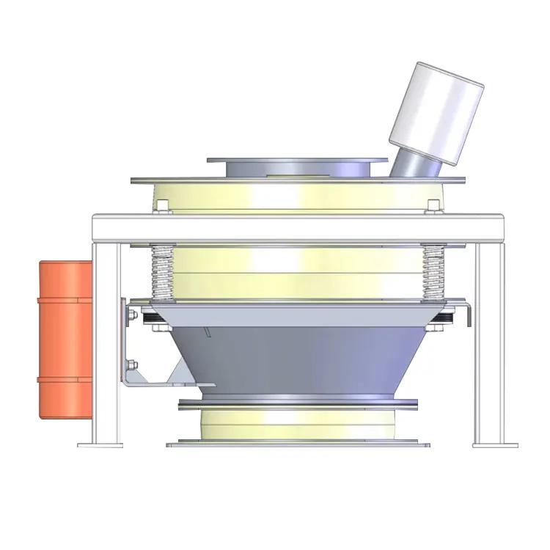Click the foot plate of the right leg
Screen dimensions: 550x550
[x=494, y=443]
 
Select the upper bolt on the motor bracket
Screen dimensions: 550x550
[x=132, y=317]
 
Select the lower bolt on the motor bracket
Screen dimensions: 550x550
[x=133, y=364]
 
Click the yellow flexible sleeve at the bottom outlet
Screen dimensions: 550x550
[x=297, y=424]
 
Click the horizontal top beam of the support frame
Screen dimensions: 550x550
[x=297, y=227]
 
